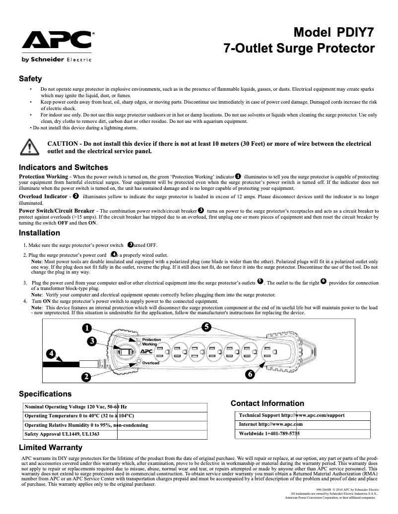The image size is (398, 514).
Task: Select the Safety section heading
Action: click(x=30, y=79)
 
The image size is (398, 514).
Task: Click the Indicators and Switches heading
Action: click(x=63, y=167)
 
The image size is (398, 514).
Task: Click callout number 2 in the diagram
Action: click(x=86, y=377)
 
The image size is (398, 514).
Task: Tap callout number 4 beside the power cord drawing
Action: click(x=51, y=354)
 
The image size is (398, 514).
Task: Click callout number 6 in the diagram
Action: click(x=250, y=374)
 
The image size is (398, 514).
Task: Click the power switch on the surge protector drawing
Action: click(x=125, y=352)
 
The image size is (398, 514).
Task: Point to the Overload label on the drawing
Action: click(x=150, y=363)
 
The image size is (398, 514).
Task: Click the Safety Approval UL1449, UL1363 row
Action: click(x=62, y=434)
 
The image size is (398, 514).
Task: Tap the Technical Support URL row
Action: click(x=292, y=415)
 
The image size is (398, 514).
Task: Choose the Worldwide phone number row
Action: click(x=269, y=434)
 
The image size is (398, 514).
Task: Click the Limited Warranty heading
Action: click(x=50, y=448)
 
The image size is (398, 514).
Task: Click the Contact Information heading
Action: click(x=267, y=403)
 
